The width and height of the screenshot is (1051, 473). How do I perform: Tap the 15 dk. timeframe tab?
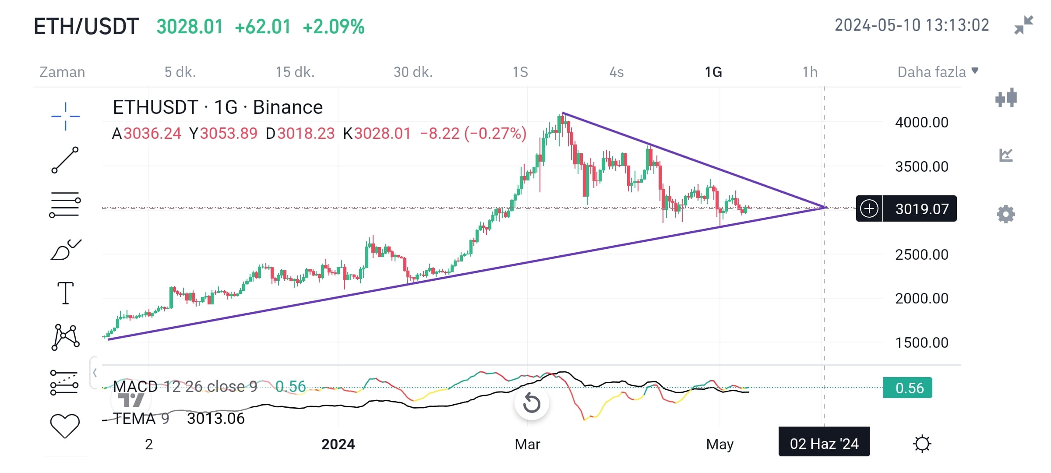pyautogui.click(x=295, y=72)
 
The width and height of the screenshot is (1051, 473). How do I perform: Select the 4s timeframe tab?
pyautogui.click(x=617, y=72)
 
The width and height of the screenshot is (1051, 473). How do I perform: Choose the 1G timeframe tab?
pyautogui.click(x=713, y=72)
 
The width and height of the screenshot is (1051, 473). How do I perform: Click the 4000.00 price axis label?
pyautogui.click(x=922, y=122)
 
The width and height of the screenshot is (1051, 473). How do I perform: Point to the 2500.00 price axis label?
pyautogui.click(x=922, y=254)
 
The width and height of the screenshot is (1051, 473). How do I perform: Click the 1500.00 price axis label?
pyautogui.click(x=922, y=342)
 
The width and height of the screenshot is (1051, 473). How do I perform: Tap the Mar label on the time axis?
pyautogui.click(x=527, y=444)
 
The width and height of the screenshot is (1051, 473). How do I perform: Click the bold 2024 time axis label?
pyautogui.click(x=338, y=444)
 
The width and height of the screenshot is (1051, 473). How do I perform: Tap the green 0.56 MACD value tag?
pyautogui.click(x=907, y=388)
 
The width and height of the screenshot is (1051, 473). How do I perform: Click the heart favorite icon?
pyautogui.click(x=65, y=426)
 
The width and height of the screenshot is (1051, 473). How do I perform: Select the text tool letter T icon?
pyautogui.click(x=66, y=293)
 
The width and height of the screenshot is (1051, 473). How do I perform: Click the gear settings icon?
pyautogui.click(x=1005, y=214)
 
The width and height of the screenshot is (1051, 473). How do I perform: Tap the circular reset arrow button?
pyautogui.click(x=532, y=402)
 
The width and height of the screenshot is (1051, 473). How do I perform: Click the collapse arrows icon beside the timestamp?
pyautogui.click(x=1024, y=25)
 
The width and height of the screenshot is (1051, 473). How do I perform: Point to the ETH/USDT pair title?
pyautogui.click(x=86, y=26)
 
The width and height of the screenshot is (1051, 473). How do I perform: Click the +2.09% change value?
pyautogui.click(x=334, y=27)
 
